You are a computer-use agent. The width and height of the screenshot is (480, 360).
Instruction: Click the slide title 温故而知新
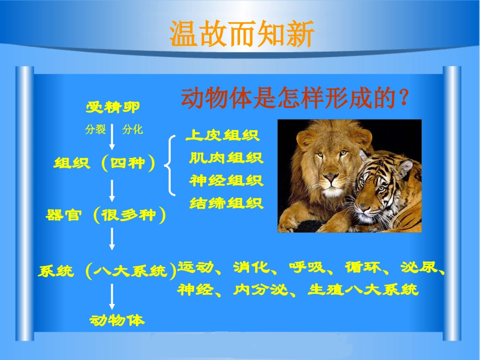tap(242, 34)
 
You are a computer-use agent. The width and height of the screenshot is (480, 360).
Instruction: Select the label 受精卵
tap(113, 107)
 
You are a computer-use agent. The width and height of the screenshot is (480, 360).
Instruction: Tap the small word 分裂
tap(95, 130)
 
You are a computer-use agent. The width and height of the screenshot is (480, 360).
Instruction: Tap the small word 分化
tap(132, 130)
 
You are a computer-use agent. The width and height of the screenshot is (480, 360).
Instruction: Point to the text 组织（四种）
tap(105, 164)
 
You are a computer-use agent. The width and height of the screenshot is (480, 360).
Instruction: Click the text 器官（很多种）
tap(106, 216)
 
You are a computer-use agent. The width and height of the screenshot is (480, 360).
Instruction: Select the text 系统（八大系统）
tap(108, 271)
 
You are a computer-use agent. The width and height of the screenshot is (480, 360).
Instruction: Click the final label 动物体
tap(117, 320)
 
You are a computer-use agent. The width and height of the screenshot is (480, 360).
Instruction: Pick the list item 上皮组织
tap(222, 135)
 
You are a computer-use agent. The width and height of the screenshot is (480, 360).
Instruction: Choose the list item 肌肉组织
tap(226, 158)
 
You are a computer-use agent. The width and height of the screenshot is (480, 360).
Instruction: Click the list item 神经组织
tap(226, 181)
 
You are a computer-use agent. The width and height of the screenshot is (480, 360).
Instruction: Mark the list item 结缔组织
tap(226, 203)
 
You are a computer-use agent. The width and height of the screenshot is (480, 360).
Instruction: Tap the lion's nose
tap(330, 178)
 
